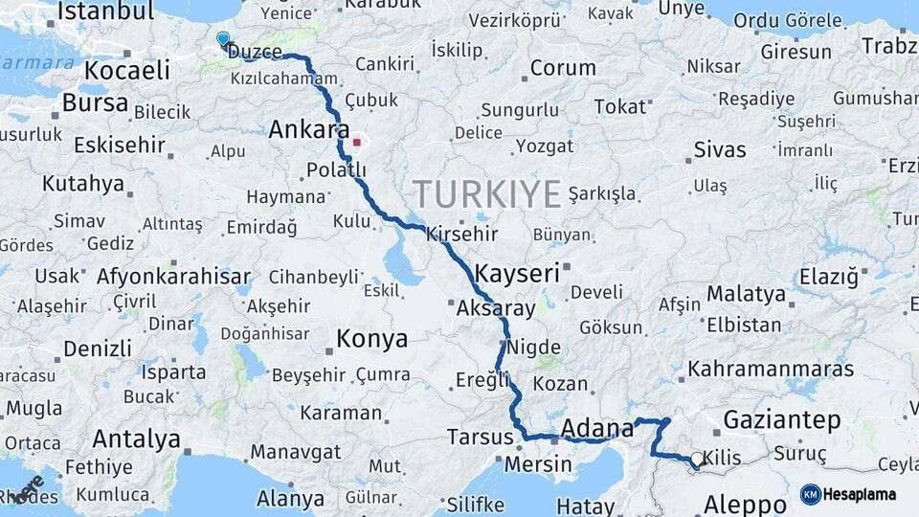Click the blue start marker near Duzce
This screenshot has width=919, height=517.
pos(223,39)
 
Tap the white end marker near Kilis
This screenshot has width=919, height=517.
pos(696,459)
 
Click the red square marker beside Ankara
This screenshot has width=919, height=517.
pos(357,143)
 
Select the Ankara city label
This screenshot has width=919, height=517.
pos(308,130)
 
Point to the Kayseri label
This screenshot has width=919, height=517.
pos(517,274)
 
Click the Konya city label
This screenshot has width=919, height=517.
pos(371,339)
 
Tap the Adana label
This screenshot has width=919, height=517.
pos(598,427)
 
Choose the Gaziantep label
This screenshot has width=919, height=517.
pos(781,419)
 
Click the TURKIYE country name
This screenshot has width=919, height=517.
pos(486,194)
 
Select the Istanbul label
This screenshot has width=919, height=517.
pos(105,11)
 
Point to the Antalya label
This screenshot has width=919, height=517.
pos(136,439)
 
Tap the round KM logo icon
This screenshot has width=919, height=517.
pos(811,494)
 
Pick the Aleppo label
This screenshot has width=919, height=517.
pos(745,505)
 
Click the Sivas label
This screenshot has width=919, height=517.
pos(719,150)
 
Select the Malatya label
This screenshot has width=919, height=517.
pos(746,294)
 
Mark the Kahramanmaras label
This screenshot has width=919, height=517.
pos(771,369)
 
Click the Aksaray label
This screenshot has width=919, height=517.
pos(496,308)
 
